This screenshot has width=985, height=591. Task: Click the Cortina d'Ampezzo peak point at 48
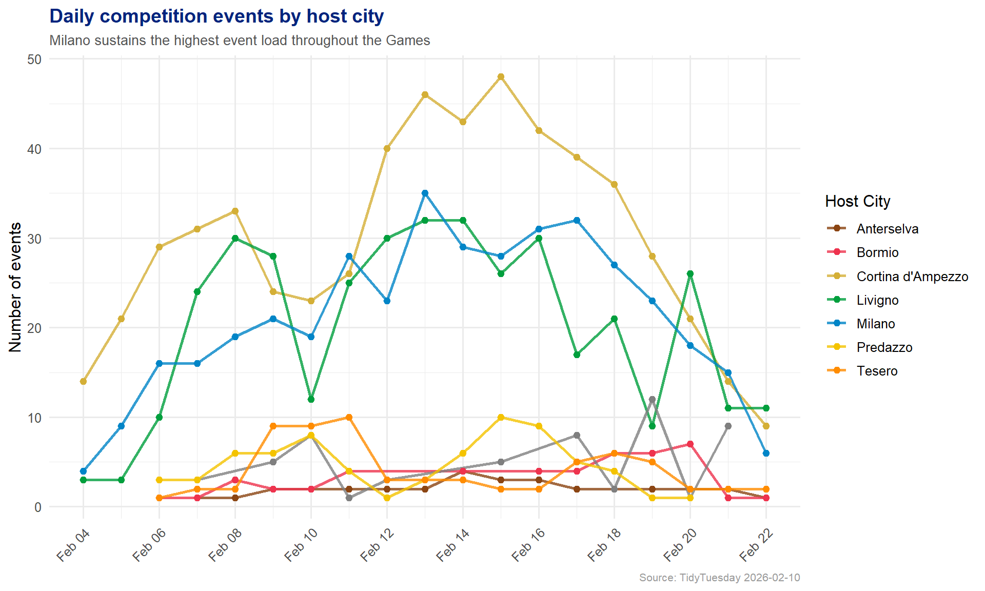click(x=501, y=77)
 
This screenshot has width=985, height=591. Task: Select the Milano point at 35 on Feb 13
click(x=425, y=193)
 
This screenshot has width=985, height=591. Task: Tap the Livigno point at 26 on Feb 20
click(x=690, y=274)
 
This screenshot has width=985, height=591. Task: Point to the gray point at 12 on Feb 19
click(x=652, y=399)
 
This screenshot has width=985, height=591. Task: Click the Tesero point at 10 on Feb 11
click(x=349, y=417)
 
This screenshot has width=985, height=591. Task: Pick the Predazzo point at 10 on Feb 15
click(x=501, y=417)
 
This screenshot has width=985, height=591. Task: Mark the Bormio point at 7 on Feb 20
click(x=690, y=444)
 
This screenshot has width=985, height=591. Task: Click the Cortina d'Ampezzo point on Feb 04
click(x=83, y=381)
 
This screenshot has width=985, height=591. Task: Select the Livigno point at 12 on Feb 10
click(x=311, y=399)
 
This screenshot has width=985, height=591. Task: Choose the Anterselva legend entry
click(x=887, y=229)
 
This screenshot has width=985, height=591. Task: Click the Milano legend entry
click(x=875, y=324)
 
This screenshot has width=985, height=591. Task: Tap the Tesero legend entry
click(x=877, y=371)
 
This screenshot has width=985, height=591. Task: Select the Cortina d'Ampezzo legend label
click(x=912, y=277)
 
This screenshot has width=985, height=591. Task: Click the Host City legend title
click(x=857, y=201)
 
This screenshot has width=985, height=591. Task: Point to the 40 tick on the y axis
click(x=34, y=149)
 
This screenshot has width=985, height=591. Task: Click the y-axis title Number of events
click(x=15, y=287)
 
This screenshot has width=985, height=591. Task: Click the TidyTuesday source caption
click(x=719, y=578)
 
